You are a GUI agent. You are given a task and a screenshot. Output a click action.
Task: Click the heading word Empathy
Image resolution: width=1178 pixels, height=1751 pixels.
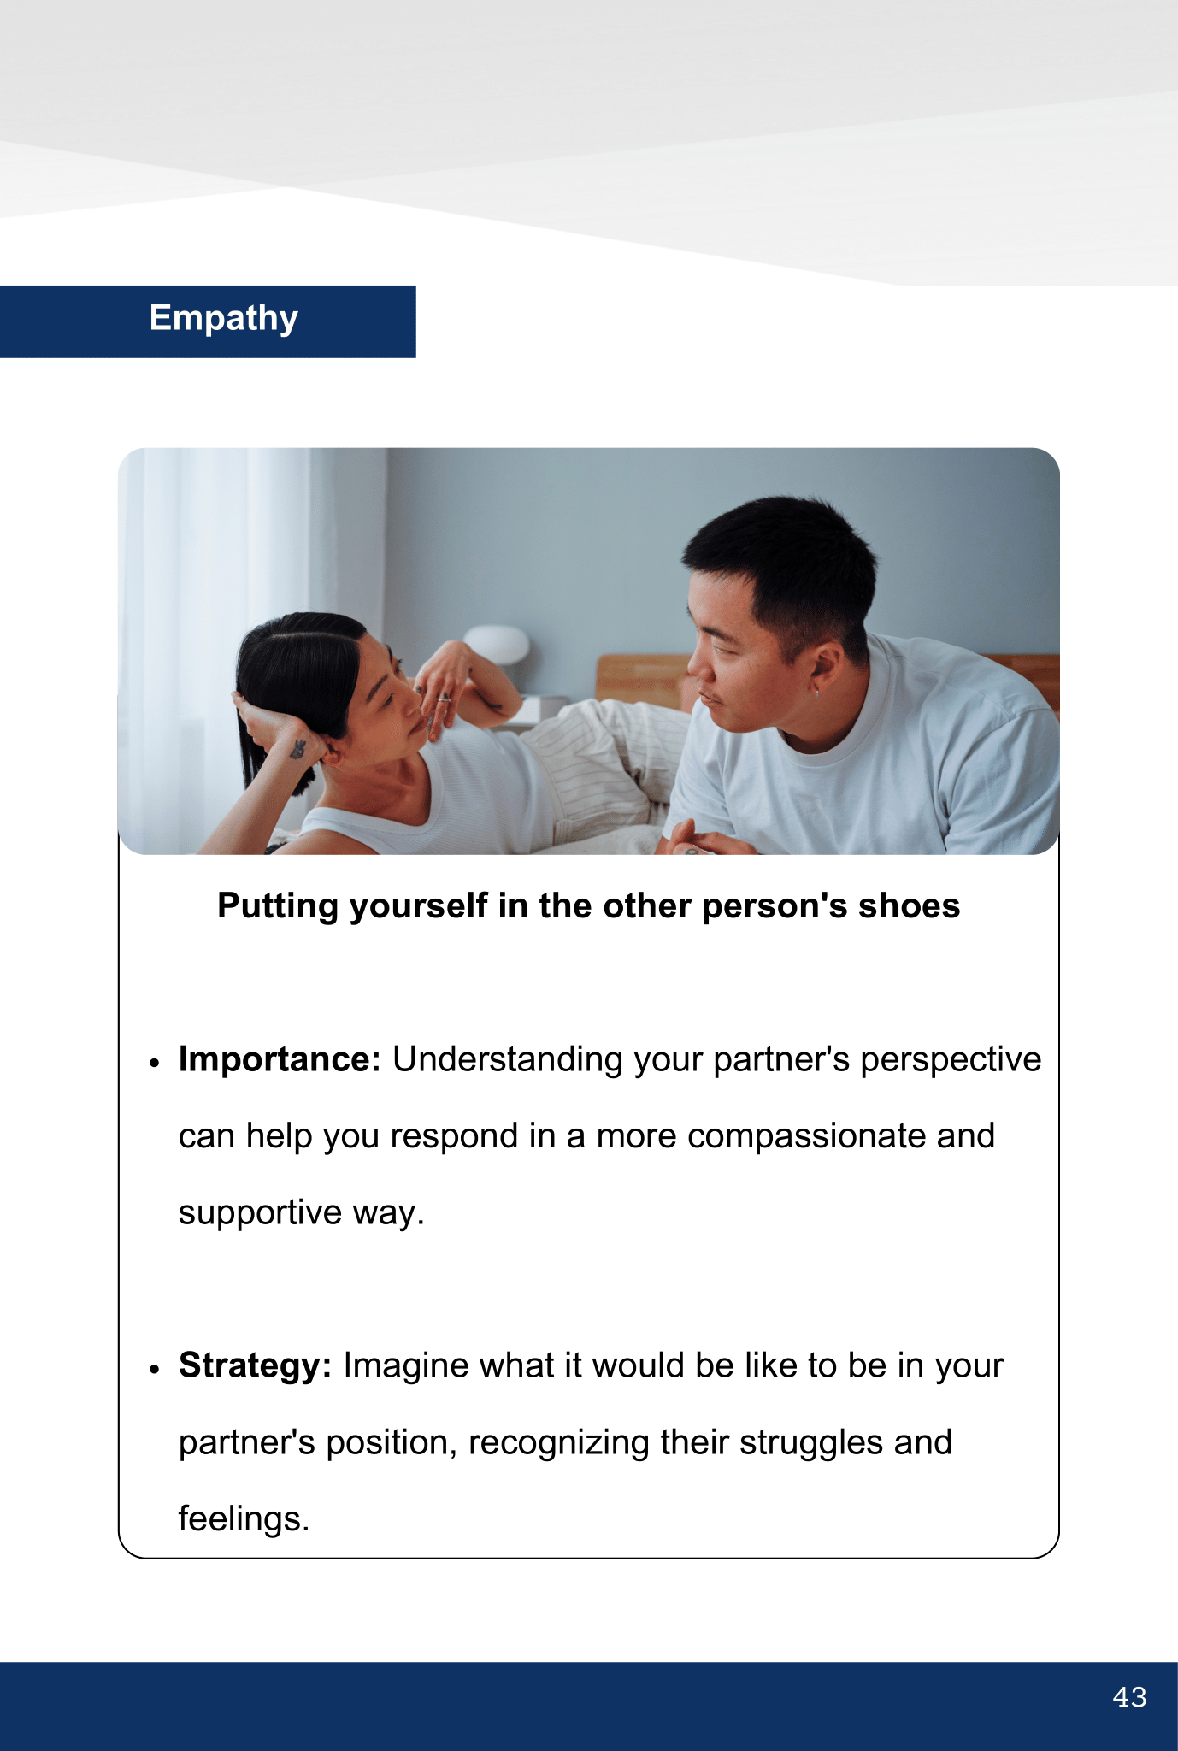coord(224,319)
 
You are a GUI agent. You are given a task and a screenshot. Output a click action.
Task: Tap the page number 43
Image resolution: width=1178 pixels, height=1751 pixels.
coord(1129,1697)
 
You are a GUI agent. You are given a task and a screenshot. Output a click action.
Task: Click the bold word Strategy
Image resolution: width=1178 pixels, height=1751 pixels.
coord(255,1366)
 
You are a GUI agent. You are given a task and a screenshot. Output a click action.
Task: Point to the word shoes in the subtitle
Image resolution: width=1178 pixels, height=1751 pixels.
coord(910,906)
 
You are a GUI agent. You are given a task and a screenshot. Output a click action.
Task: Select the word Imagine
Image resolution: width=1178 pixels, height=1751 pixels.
coord(406,1366)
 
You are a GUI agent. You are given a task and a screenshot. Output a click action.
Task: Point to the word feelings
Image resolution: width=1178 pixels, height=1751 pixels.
coord(244,1519)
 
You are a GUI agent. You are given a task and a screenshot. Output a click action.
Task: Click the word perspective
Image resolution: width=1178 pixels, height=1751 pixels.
coord(951,1060)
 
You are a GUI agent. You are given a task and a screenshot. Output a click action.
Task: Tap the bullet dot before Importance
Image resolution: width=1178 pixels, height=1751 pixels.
coord(154,1063)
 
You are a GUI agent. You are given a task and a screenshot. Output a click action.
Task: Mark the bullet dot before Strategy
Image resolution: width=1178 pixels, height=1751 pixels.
coord(154,1369)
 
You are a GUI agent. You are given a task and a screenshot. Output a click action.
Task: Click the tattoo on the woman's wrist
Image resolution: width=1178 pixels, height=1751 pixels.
coord(297,750)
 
